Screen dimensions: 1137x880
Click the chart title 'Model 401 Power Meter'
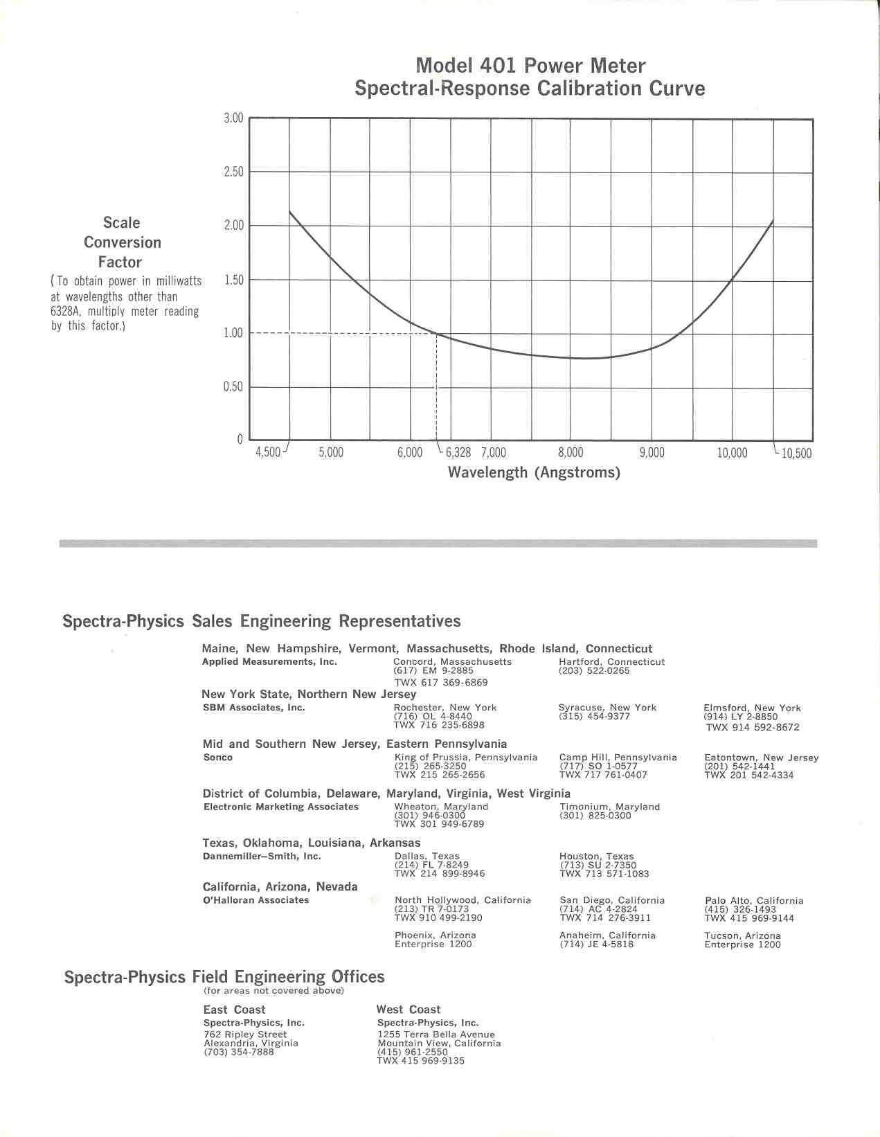pyautogui.click(x=530, y=66)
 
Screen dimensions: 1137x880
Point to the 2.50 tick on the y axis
pyautogui.click(x=233, y=172)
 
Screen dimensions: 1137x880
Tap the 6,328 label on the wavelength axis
pyautogui.click(x=458, y=453)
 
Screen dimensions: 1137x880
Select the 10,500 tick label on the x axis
pyautogui.click(x=796, y=454)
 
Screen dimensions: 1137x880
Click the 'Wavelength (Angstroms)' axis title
pyautogui.click(x=534, y=473)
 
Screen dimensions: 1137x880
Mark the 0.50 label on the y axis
pyautogui.click(x=233, y=386)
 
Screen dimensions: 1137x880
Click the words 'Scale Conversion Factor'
pyautogui.click(x=122, y=242)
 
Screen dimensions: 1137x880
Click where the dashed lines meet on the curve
pyautogui.click(x=436, y=334)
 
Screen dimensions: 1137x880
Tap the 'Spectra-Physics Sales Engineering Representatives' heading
pyautogui.click(x=261, y=621)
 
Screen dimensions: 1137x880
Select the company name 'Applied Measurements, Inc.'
pyautogui.click(x=269, y=662)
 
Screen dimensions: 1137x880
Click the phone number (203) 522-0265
pyautogui.click(x=594, y=671)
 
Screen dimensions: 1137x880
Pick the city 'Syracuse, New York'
pyautogui.click(x=607, y=708)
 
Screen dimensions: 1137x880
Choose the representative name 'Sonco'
pyautogui.click(x=218, y=758)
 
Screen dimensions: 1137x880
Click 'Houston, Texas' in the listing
pyautogui.click(x=596, y=857)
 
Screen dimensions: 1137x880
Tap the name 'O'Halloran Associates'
pyautogui.click(x=256, y=900)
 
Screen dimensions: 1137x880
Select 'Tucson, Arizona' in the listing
pyautogui.click(x=742, y=935)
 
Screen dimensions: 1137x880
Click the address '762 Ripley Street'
pyautogui.click(x=245, y=1035)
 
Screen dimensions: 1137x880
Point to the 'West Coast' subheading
pyautogui.click(x=408, y=1010)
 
